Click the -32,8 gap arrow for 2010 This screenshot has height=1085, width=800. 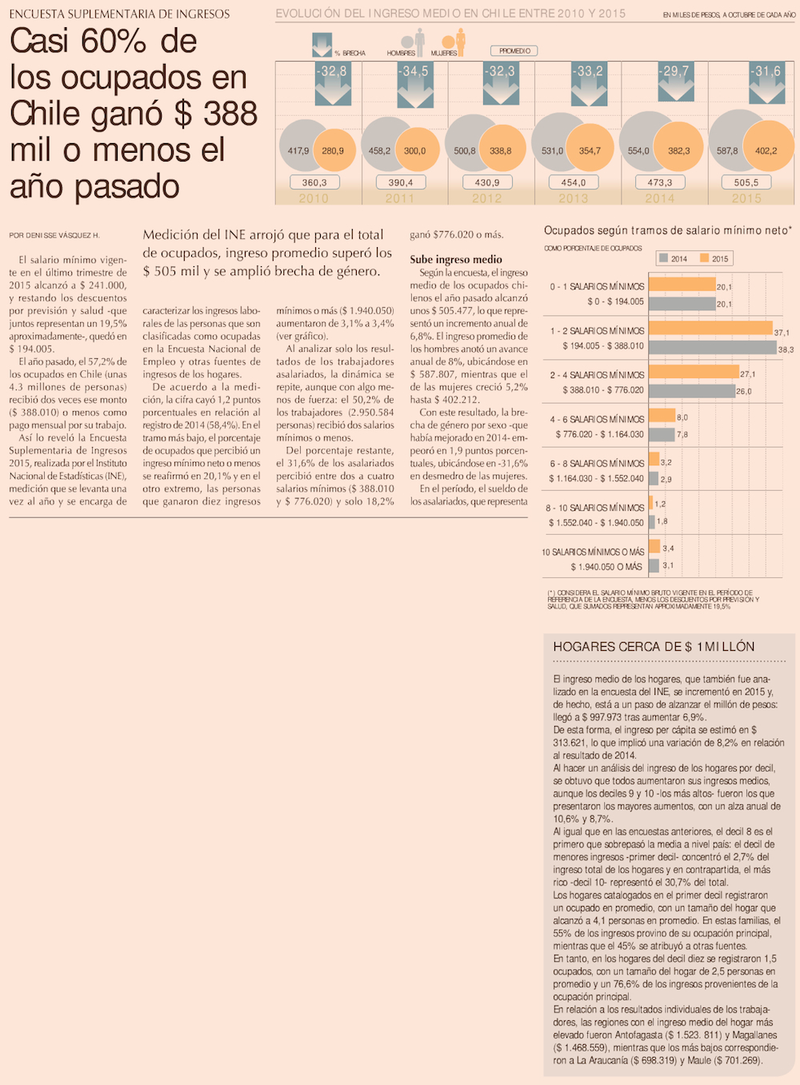pos(332,83)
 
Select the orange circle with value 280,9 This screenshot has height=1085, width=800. pos(334,150)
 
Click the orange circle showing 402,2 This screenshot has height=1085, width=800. pos(766,150)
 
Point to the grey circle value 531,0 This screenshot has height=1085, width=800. pos(552,150)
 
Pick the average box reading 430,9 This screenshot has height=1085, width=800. pos(487,182)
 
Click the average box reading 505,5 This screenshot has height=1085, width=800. pos(746,182)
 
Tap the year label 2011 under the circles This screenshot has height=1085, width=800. pos(400,198)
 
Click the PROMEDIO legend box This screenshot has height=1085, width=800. pos(515,51)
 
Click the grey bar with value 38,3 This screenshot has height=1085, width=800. pos(712,348)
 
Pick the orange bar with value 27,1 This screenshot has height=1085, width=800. pos(694,372)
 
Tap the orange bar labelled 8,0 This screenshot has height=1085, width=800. pos(662,416)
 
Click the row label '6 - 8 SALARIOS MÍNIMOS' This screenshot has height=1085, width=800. pos(597,464)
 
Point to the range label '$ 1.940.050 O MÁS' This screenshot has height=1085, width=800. pos(606,567)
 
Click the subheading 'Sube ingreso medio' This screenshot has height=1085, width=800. pos(456,259)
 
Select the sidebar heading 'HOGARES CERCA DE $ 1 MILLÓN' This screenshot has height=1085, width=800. pos(654,647)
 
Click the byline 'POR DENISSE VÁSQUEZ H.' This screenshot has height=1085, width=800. pos(54,236)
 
